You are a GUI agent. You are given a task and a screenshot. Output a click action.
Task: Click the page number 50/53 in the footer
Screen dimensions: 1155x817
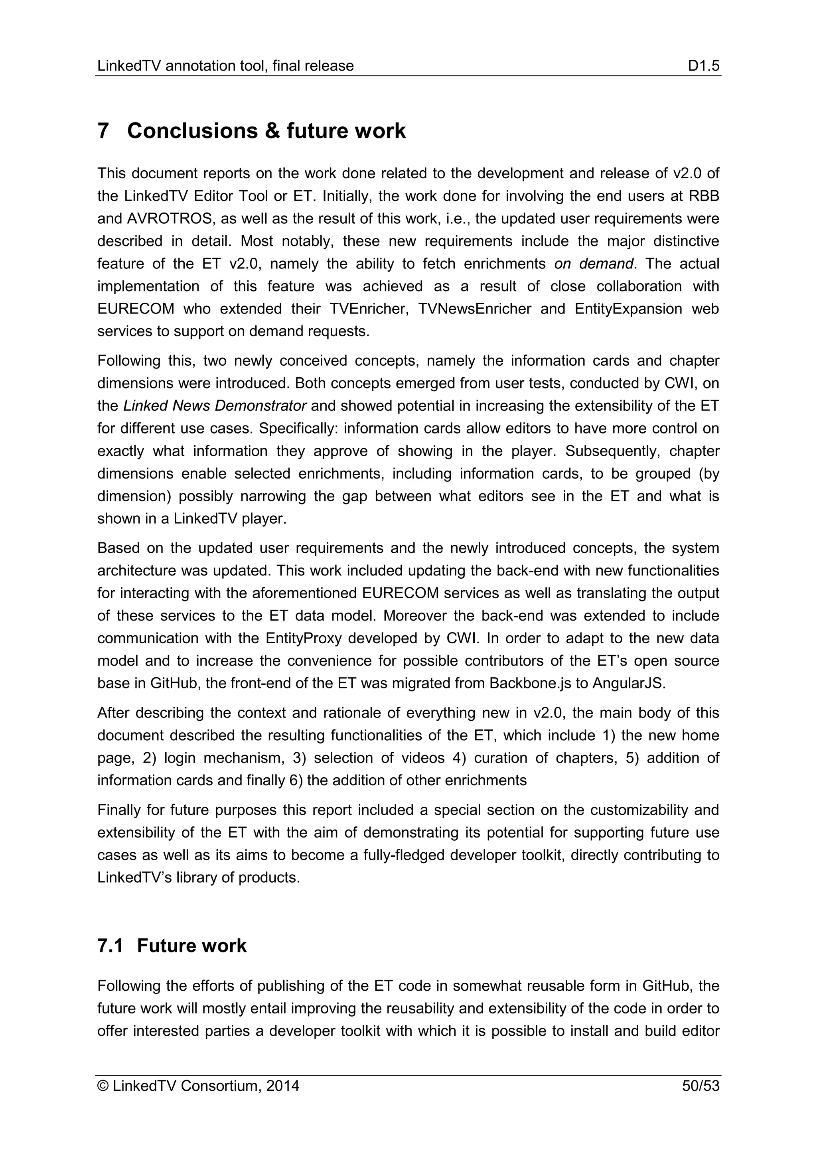click(x=701, y=1086)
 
